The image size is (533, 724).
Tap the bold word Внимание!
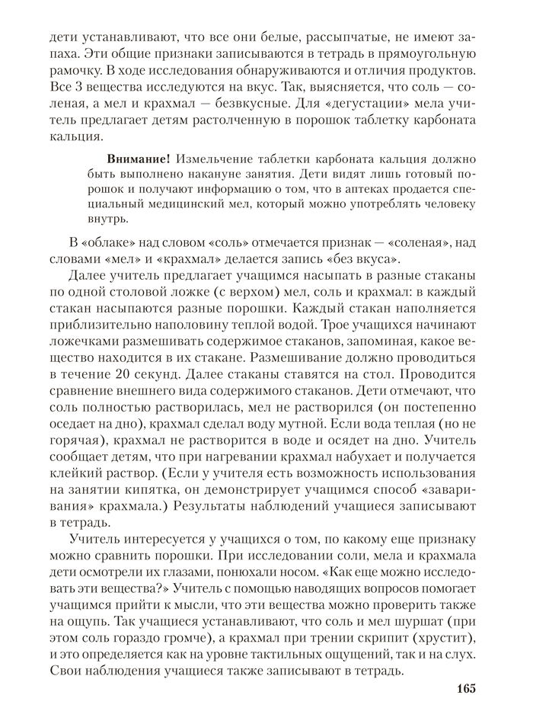[x=139, y=159]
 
